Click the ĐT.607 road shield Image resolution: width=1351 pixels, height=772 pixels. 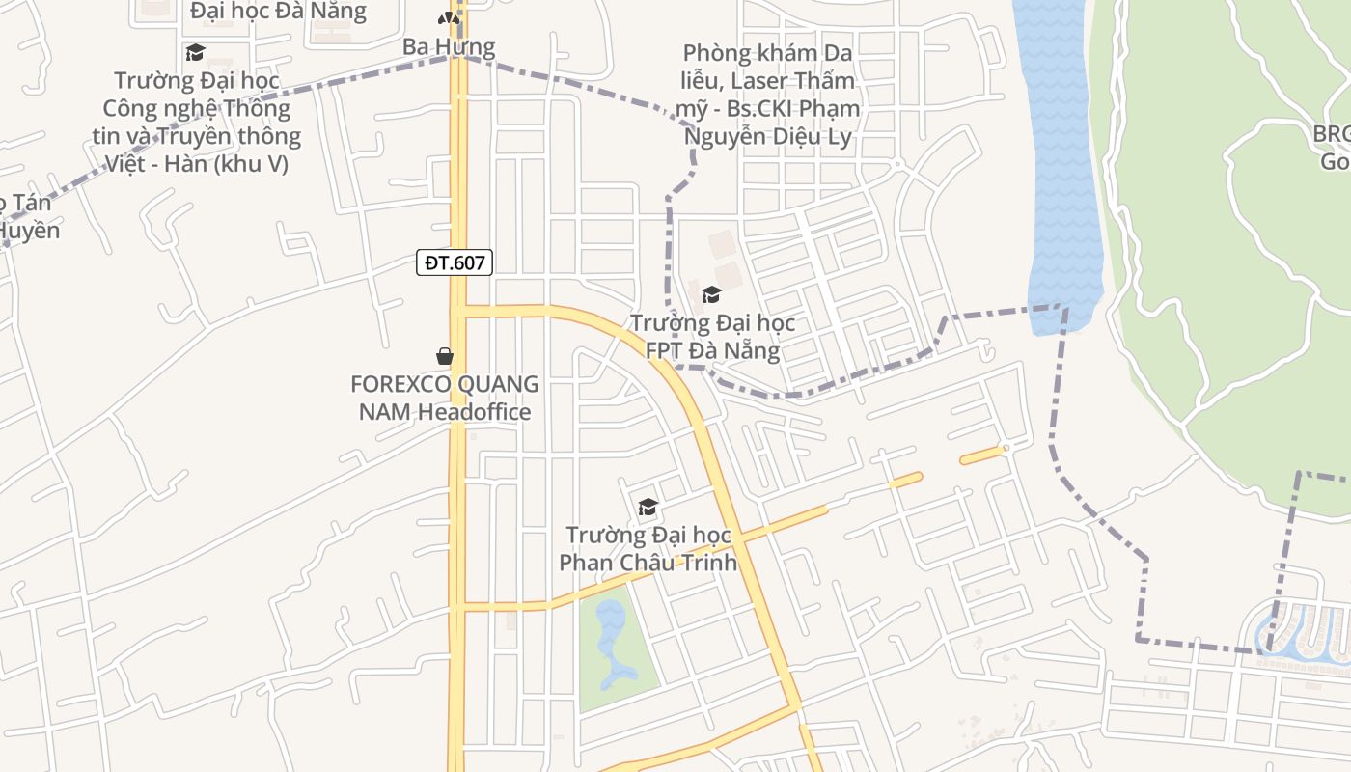(455, 262)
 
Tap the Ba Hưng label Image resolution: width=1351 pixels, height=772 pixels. (449, 46)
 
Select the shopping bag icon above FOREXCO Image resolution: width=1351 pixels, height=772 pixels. (445, 356)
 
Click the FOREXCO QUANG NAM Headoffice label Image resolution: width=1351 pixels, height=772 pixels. (445, 398)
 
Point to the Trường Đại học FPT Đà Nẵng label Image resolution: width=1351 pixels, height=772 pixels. (712, 336)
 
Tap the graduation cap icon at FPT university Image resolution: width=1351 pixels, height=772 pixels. (711, 294)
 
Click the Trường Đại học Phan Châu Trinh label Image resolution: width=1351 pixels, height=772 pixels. (648, 548)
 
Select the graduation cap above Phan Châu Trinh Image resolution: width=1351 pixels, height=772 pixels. (648, 507)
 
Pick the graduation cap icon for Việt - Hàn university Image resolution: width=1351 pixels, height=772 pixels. (196, 52)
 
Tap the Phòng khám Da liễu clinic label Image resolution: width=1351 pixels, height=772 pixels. (768, 94)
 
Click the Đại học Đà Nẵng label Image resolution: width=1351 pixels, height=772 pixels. (278, 12)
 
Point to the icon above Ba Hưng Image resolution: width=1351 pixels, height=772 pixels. (448, 17)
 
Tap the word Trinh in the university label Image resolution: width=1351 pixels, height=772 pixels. (709, 562)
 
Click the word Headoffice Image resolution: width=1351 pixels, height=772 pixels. (474, 412)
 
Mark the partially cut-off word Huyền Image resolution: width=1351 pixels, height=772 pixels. (29, 231)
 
